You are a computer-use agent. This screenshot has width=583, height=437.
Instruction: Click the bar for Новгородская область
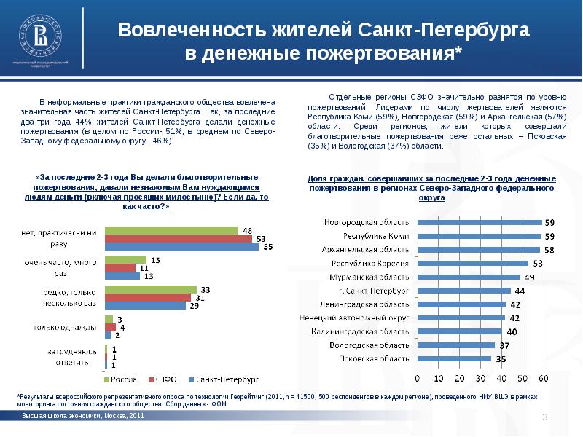tap(479, 222)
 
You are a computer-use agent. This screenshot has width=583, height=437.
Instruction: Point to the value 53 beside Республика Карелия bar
tap(538, 263)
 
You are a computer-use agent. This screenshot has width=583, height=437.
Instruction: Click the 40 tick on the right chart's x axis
tap(501, 379)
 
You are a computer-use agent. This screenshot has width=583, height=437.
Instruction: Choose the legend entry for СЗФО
tap(163, 379)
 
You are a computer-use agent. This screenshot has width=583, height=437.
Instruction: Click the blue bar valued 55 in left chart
tap(181, 246)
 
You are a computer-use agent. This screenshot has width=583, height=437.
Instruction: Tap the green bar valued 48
tap(172, 230)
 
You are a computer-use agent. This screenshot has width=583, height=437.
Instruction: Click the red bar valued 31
tap(148, 297)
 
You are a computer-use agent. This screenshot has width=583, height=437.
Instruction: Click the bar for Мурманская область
tap(467, 277)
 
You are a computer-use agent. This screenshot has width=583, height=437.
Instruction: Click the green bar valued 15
tap(126, 260)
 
